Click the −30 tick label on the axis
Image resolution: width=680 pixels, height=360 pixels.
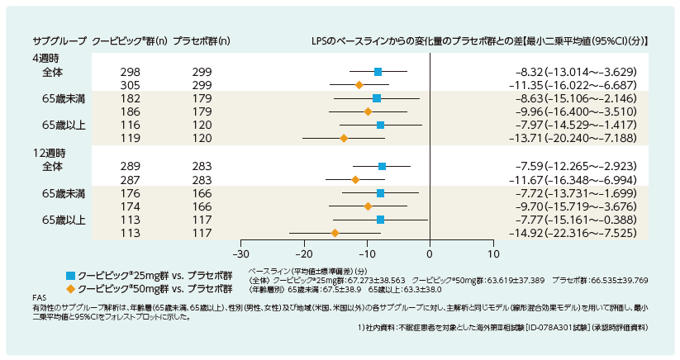pos(240,254)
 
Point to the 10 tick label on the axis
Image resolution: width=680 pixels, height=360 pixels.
pos(493,254)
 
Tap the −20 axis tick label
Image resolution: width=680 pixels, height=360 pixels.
pos(304,254)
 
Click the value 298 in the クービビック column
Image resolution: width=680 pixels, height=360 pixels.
pos(130,72)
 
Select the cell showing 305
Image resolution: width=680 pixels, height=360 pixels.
pos(130,85)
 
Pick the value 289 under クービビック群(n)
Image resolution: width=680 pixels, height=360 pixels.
pos(130,166)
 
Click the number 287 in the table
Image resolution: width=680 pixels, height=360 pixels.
pos(130,180)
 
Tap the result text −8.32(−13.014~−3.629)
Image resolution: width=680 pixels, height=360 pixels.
pos(576,72)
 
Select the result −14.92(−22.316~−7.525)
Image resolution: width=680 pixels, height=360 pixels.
pos(573,233)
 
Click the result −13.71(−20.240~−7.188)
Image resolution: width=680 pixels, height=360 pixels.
pos(573,138)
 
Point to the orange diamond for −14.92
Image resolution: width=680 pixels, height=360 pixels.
pos(335,233)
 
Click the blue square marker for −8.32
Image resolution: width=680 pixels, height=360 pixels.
pos(378,72)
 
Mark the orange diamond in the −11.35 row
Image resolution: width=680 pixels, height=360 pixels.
pos(359,85)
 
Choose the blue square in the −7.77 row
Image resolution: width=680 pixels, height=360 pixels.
pos(380,220)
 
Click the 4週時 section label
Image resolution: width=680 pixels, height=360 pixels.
pos(46,59)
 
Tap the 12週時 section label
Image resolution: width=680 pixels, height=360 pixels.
pos(50,153)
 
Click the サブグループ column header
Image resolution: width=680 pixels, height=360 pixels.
pos(59,41)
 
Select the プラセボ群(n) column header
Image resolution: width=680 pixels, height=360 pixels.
pos(202,41)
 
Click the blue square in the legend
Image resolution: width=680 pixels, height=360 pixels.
pos(71,276)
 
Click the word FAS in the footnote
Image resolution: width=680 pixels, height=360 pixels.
pos(39,298)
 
